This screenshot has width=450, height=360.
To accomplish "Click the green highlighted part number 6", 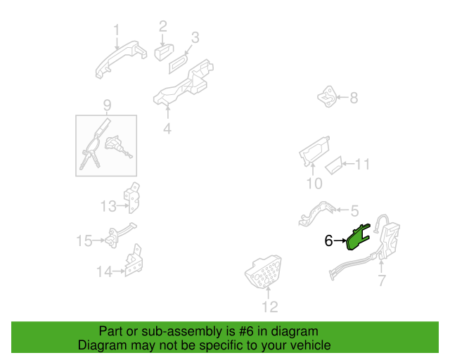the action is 357,238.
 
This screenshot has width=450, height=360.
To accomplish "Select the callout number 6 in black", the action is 328,240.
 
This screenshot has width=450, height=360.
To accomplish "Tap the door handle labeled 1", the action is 121,60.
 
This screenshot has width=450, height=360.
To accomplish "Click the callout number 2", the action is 162,27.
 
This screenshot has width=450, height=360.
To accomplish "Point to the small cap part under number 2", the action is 164,52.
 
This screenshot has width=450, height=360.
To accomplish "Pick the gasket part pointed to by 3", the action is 178,63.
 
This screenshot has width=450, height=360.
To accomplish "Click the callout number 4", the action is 167,129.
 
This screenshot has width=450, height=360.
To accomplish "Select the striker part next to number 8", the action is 327,96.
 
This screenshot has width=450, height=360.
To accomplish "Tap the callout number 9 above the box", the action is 107,105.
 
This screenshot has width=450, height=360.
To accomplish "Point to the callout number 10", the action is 314,184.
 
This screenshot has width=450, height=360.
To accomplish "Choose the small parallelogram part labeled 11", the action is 333,165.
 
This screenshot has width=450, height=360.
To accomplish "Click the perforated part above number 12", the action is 263,271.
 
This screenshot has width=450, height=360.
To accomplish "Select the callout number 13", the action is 108,207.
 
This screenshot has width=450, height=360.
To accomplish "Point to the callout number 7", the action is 381,281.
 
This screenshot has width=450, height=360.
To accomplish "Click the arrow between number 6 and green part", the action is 340,240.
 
